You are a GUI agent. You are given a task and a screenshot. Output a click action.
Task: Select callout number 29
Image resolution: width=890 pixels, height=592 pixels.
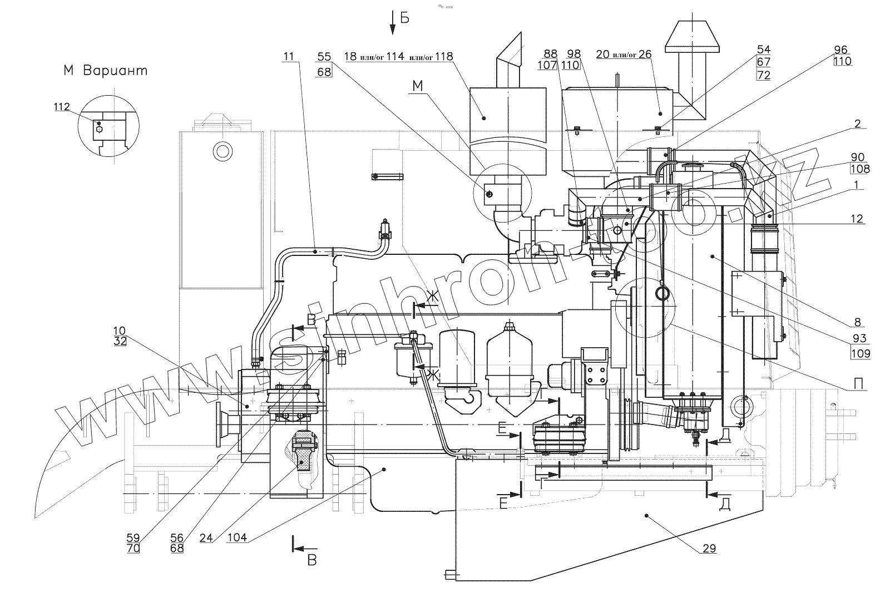(x=708, y=549)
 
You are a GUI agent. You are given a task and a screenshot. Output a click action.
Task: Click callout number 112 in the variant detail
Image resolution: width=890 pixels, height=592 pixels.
(x=62, y=107)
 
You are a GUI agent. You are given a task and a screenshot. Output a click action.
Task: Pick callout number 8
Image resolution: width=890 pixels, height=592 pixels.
(x=857, y=322)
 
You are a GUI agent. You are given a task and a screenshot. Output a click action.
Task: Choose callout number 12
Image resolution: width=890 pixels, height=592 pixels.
(x=857, y=219)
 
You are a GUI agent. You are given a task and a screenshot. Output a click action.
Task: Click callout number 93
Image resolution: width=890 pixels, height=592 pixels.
(x=859, y=338)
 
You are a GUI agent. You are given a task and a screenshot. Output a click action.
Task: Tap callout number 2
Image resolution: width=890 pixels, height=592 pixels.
(x=857, y=124)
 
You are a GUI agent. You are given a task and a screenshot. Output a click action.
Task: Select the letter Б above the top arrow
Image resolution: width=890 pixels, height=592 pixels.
(x=404, y=18)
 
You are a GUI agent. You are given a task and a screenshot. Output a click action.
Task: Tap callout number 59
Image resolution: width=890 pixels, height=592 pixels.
(x=133, y=538)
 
